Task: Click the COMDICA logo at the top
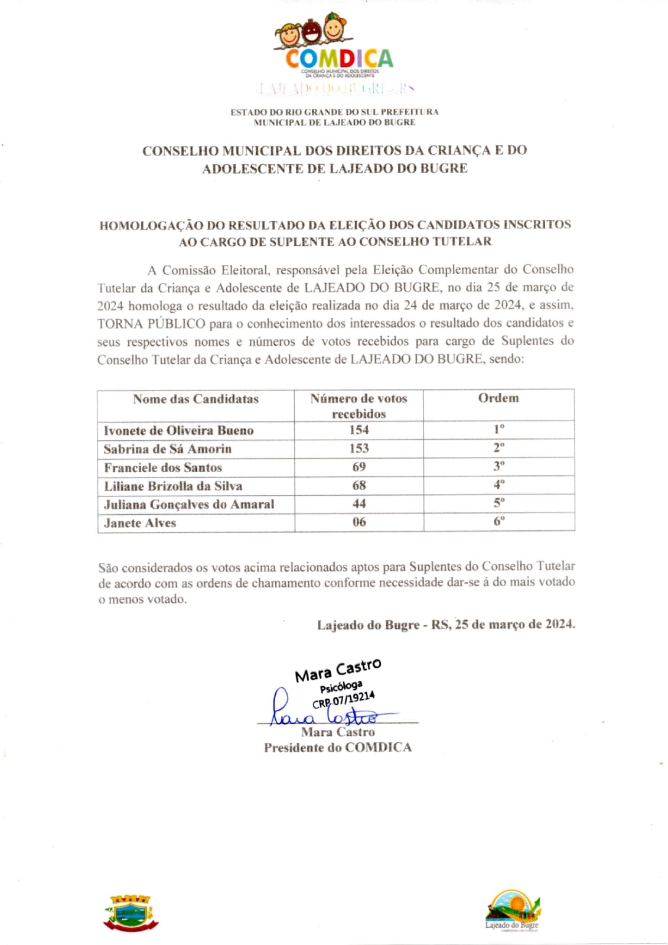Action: pos(334,47)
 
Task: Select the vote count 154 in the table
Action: pos(359,430)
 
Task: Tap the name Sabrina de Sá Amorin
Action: pos(168,449)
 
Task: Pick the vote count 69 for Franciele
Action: pos(359,467)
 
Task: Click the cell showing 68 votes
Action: pos(359,485)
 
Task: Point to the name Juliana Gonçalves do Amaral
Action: pos(189,504)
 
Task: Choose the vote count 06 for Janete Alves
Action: pos(359,522)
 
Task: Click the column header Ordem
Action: pos(498,398)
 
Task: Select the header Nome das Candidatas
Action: pos(195,399)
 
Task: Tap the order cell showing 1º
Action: pos(499,429)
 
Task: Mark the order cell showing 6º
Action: pos(499,521)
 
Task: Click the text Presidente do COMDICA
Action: pos(337,748)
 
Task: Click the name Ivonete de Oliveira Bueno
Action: pos(178,430)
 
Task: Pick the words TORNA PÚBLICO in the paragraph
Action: pos(151,324)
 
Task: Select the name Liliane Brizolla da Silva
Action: pos(173,486)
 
